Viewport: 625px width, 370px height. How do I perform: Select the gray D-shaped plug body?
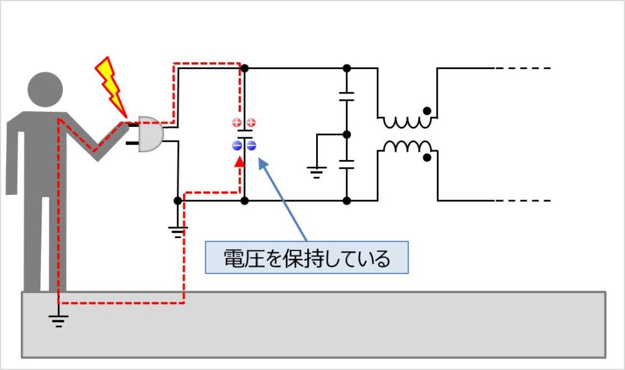pos(150,134)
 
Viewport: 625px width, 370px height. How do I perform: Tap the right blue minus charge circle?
pos(251,145)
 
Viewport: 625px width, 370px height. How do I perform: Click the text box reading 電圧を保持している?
pos(306,259)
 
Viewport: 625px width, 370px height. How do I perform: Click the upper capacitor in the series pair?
pos(346,96)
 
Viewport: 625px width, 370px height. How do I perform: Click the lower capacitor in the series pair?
pos(346,164)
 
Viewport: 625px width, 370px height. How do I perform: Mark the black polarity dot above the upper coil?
pos(428,111)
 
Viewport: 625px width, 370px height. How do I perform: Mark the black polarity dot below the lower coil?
pos(428,158)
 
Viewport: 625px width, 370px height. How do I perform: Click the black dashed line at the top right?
pos(523,68)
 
